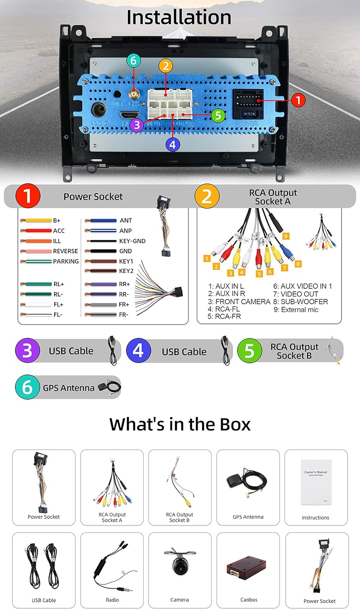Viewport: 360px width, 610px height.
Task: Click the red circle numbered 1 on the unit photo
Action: point(298,100)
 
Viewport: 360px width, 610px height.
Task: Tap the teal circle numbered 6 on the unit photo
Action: point(133,61)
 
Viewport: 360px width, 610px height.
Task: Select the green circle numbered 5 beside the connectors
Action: point(218,115)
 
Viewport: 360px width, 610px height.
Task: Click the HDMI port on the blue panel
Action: point(130,115)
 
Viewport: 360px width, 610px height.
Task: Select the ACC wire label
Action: point(59,231)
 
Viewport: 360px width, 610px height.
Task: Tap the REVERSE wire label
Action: point(65,251)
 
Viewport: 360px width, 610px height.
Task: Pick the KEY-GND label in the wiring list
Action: point(132,241)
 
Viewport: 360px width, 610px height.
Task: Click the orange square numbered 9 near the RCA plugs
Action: point(286,236)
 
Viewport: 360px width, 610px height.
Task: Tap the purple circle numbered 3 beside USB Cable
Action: point(27,351)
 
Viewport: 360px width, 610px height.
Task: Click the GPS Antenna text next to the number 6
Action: point(68,388)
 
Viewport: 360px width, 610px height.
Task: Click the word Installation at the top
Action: point(179,17)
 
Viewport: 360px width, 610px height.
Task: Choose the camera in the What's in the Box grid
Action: point(179,565)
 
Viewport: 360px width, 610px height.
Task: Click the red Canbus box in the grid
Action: point(246,568)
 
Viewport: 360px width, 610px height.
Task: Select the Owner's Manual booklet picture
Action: point(316,482)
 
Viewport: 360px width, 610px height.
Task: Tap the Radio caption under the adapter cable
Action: point(112,600)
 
